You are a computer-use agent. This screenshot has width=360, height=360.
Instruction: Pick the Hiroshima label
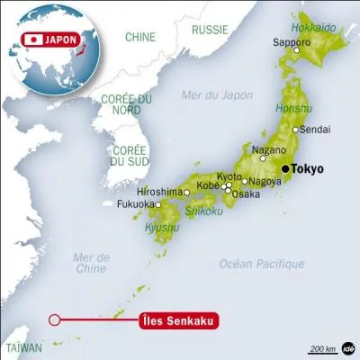(x=161, y=192)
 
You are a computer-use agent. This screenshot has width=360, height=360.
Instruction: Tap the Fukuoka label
(x=134, y=204)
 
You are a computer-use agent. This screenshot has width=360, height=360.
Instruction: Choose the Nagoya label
(x=263, y=181)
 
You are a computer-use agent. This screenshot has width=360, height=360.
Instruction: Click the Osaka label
(x=246, y=193)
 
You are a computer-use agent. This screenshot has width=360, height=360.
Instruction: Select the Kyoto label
(x=229, y=177)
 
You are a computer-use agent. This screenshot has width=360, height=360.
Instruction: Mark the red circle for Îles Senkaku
(x=55, y=319)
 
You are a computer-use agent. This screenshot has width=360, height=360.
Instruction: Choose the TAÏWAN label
(x=24, y=346)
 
